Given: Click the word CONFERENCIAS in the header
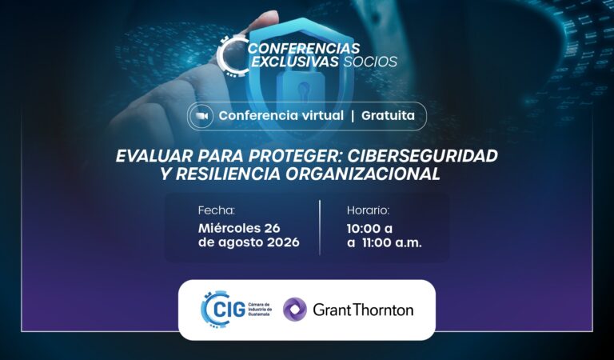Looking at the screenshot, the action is [x=304, y=48].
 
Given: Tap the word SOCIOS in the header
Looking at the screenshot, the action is [x=370, y=62].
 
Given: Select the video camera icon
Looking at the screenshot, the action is [x=202, y=116].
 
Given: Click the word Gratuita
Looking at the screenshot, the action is [x=388, y=115].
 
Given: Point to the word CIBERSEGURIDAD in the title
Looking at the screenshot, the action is [x=422, y=156].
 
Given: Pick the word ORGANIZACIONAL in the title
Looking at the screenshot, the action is [x=363, y=174].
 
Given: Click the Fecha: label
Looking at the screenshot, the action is [x=217, y=210].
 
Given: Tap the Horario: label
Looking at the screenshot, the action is [x=368, y=210].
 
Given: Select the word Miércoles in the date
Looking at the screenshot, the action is [x=229, y=228].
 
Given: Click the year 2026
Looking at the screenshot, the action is [x=283, y=242].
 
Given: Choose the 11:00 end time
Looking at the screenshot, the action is [x=377, y=242].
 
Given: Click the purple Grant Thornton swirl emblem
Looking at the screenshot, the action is [x=294, y=310].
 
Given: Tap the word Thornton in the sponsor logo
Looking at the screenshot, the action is [x=383, y=310].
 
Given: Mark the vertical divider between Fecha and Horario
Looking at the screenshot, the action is [x=320, y=227].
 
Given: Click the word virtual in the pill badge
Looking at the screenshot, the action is [x=321, y=115].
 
